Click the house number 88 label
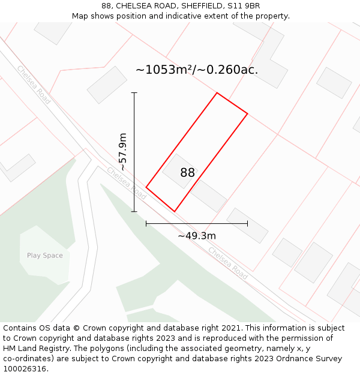pos(187,173)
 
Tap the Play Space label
pos(44,256)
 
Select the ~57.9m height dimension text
pos(123,152)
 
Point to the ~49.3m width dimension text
pos(197,236)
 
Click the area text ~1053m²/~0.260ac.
pos(197,70)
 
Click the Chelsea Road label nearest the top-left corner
pos(34,85)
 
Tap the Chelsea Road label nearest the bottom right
pos(228,263)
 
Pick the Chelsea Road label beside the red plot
pos(127,183)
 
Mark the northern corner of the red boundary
pos(217,93)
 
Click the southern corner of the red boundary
pos(175,211)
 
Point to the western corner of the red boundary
pos(146,187)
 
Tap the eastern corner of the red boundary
pos(247,113)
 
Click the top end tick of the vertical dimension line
pos(134,93)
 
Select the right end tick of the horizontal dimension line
pos(247,224)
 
